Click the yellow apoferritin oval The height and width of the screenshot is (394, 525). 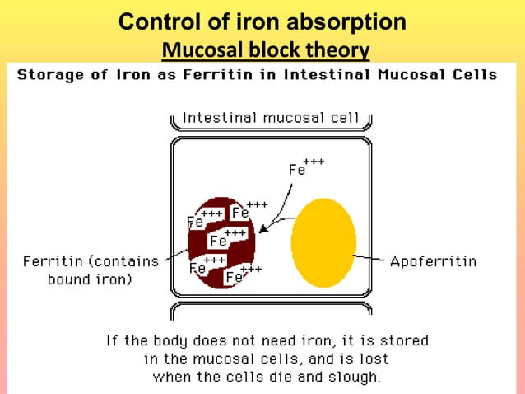[323, 240]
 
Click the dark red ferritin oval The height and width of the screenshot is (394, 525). [221, 241]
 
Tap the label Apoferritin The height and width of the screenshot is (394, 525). [433, 261]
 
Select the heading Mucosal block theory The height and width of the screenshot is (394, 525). [265, 51]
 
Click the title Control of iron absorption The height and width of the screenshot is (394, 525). [262, 22]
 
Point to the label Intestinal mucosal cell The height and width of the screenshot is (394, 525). [271, 118]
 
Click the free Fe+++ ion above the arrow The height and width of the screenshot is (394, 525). [304, 167]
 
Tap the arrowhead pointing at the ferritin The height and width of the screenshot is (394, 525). [262, 227]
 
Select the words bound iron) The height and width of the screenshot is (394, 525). [90, 279]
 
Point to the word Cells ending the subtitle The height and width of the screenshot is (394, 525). [472, 75]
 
